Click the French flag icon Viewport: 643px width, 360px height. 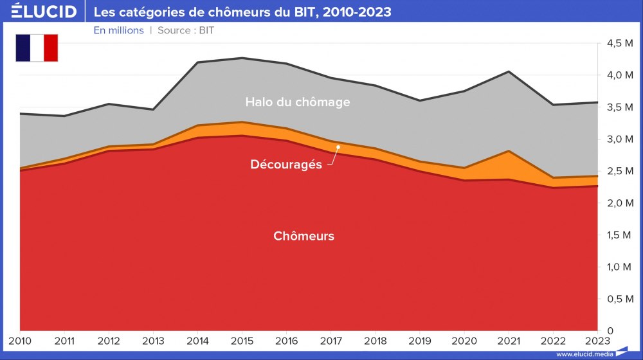pos(37,48)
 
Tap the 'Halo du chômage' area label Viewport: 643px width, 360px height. pos(298,102)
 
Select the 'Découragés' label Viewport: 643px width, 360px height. pos(285,165)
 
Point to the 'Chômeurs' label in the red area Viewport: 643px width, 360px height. pos(303,236)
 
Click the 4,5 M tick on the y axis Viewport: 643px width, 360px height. pos(619,43)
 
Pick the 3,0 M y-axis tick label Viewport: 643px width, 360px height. pos(619,139)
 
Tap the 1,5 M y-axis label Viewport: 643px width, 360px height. pos(619,235)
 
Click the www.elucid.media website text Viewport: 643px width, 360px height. pos(584,354)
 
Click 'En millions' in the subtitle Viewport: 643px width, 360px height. pos(118,30)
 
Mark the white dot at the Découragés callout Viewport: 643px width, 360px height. pos(338,147)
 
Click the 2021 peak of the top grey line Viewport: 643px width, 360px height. pos(509,71)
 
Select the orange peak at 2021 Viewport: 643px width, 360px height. pos(509,151)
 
